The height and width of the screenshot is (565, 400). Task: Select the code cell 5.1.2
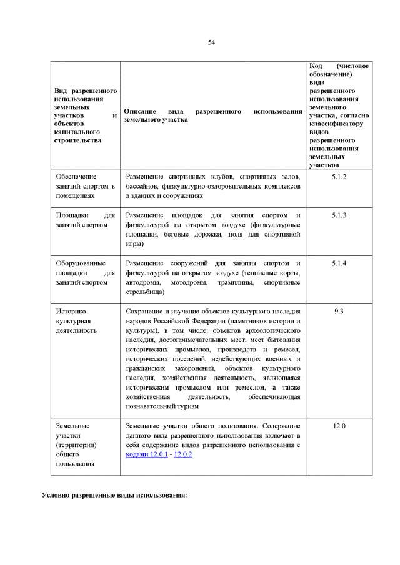(x=339, y=177)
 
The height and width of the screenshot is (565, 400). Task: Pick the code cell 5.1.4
(x=339, y=263)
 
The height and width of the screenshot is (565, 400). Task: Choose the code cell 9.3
(x=339, y=311)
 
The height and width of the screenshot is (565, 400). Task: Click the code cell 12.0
(x=339, y=426)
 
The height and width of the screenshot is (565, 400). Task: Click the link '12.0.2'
(x=182, y=454)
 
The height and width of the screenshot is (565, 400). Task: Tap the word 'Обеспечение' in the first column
(x=76, y=177)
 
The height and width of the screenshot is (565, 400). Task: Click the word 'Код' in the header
(x=316, y=66)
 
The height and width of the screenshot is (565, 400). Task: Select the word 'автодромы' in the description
(x=143, y=282)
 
